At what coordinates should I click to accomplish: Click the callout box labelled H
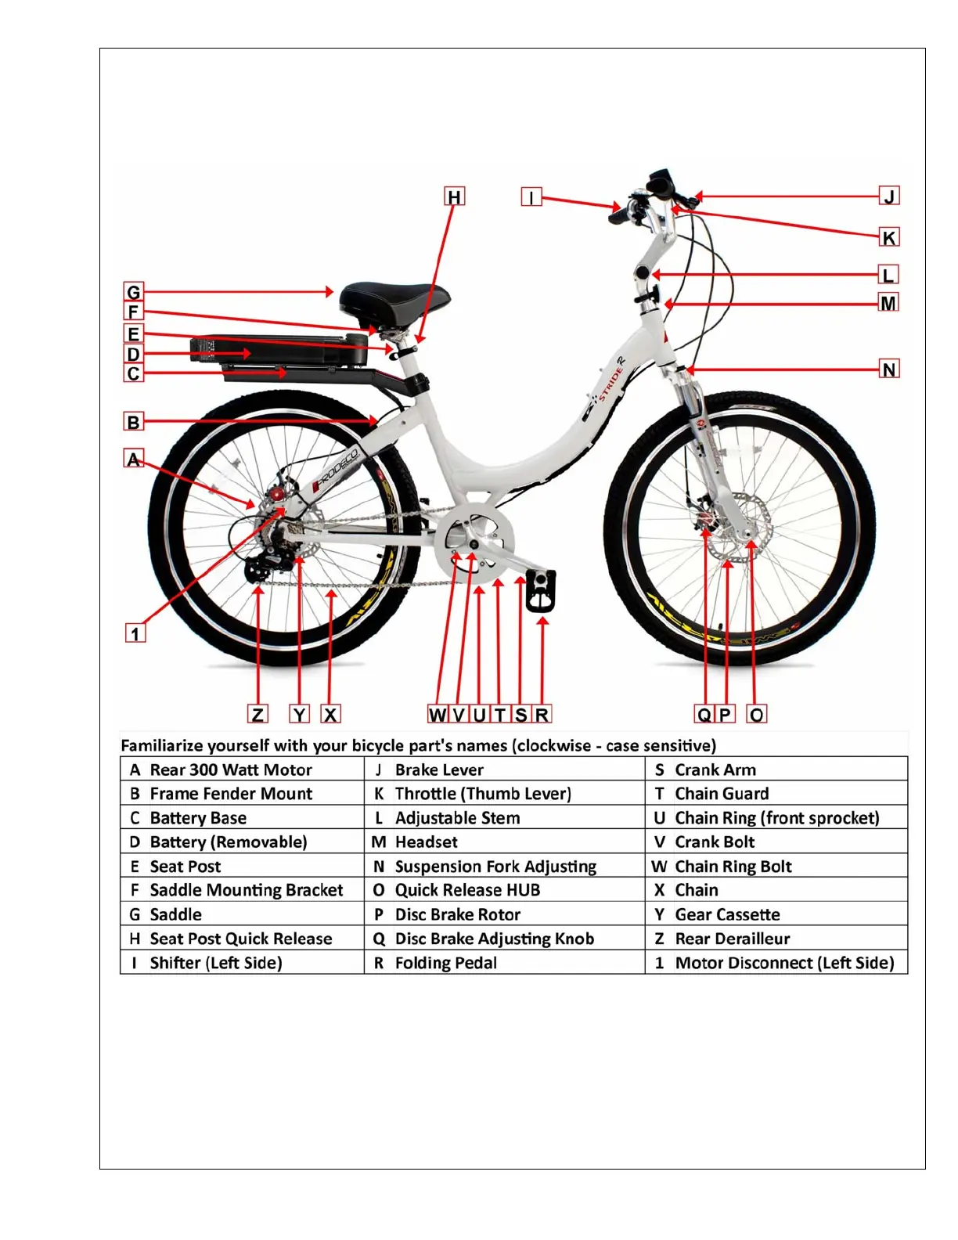click(454, 196)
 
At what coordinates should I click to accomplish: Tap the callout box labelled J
click(888, 196)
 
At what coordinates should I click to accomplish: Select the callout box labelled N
click(888, 369)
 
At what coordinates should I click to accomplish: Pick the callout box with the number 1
click(135, 633)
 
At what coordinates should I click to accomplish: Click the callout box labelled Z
click(258, 714)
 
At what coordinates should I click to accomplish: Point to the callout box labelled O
click(756, 714)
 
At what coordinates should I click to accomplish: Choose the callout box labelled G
click(134, 292)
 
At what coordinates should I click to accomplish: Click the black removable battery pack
click(278, 350)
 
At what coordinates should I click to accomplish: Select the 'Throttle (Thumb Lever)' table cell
click(483, 794)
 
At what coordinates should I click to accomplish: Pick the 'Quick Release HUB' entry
click(467, 890)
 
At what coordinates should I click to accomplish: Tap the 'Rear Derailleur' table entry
click(732, 939)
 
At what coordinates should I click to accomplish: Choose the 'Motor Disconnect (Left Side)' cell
click(784, 963)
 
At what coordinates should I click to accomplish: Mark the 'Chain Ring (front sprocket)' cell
click(776, 818)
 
